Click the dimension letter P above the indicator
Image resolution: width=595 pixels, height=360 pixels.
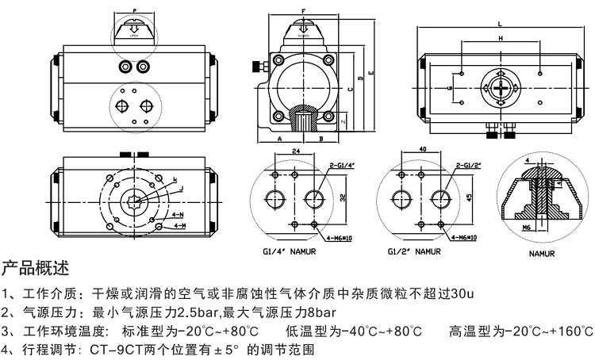pos(133,10)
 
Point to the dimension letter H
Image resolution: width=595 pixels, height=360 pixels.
pos(501,38)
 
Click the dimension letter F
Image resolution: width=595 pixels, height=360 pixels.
pos(303,10)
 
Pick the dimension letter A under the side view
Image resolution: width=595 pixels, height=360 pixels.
pos(279,138)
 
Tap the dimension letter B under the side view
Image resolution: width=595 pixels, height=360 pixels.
pos(321,138)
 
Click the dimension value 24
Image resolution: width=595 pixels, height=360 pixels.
pos(295,149)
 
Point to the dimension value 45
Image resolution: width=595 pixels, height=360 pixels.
pos(469,198)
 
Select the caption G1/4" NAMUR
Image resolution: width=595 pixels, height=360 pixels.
pos(289,251)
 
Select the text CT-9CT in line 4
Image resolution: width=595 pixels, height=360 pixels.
pos(114,348)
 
